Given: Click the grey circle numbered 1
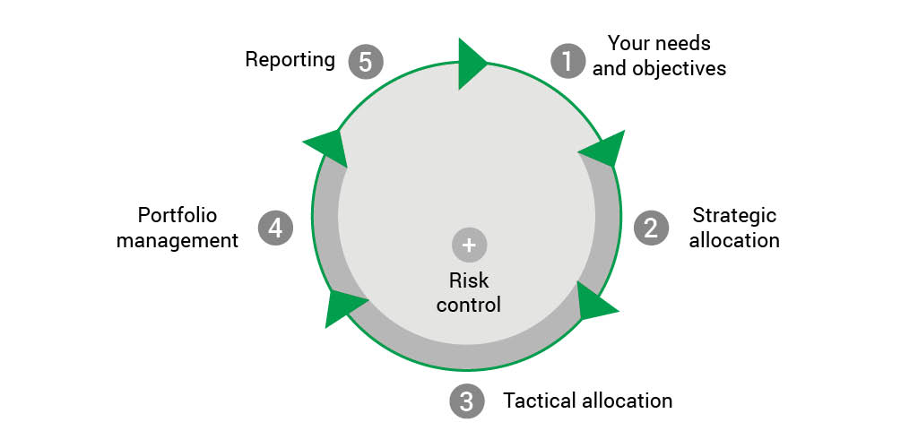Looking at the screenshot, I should click(567, 61).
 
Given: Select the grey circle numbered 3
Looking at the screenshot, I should click(466, 401).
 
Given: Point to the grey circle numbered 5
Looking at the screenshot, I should click(365, 61).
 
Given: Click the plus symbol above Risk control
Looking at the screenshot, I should click(468, 244).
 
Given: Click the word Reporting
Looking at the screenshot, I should click(290, 60).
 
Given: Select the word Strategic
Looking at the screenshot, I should click(734, 216).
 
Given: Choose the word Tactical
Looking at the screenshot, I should click(540, 401).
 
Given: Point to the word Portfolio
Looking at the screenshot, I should click(178, 216).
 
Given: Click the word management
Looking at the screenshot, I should click(178, 240).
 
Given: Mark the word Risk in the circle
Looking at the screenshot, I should click(468, 280).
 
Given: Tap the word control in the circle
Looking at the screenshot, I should click(468, 305).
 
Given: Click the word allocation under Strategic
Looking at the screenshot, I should click(734, 240).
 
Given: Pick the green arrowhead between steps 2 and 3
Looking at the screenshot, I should click(593, 304).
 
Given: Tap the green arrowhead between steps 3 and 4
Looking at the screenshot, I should click(342, 306).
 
